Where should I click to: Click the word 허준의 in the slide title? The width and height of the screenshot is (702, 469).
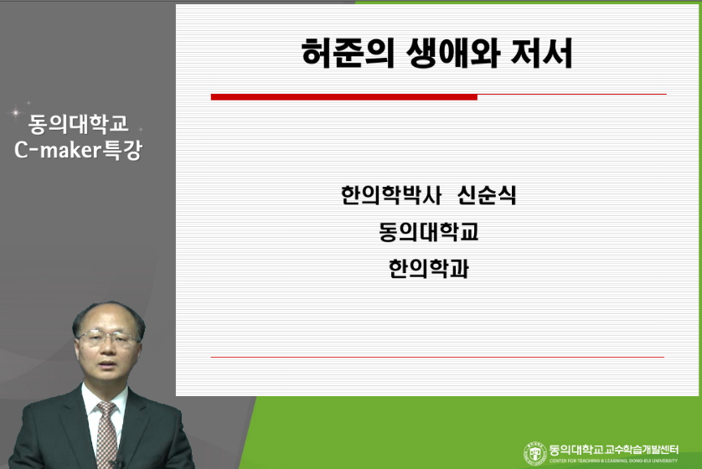click(348, 54)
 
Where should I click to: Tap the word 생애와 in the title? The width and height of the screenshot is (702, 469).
click(453, 54)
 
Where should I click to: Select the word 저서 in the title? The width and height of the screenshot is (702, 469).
click(542, 54)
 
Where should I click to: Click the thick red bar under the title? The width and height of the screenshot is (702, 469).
click(343, 97)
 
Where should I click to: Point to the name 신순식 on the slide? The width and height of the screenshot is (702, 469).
click(487, 195)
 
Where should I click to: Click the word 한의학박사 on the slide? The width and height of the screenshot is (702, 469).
click(391, 195)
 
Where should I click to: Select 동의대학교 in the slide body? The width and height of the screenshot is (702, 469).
click(429, 232)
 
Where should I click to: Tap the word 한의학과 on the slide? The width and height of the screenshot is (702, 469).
click(429, 269)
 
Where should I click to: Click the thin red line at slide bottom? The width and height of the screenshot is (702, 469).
click(437, 357)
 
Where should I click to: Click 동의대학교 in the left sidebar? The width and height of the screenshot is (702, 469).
click(79, 124)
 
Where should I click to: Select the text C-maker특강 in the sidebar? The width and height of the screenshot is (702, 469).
click(79, 150)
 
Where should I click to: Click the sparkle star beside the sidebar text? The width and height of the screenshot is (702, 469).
click(16, 112)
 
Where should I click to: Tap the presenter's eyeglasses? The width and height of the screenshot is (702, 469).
click(107, 338)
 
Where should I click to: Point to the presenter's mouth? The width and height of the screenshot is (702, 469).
click(106, 362)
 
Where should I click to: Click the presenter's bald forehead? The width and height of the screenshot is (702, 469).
click(107, 317)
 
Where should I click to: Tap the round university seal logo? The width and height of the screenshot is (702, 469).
click(535, 452)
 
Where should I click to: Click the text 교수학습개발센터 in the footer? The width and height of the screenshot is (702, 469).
click(642, 449)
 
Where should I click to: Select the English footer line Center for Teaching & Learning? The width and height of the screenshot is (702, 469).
click(614, 461)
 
